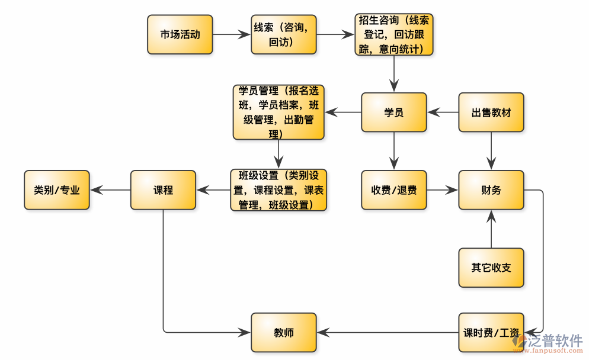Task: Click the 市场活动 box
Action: [x=180, y=34]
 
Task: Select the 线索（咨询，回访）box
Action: [x=284, y=34]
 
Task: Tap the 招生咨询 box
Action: [x=394, y=34]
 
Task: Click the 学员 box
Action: [x=394, y=112]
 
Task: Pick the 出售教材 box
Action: [x=491, y=112]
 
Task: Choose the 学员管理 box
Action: [x=279, y=112]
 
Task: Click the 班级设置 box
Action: [x=279, y=190]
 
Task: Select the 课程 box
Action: [x=163, y=190]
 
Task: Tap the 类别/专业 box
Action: [x=57, y=190]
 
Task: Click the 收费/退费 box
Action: [x=394, y=190]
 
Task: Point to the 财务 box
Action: [x=491, y=190]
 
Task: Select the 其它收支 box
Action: [x=491, y=267]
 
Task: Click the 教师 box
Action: [x=284, y=332]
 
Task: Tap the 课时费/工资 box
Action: [x=491, y=332]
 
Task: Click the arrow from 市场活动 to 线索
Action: [x=232, y=34]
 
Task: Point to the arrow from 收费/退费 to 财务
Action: [x=443, y=190]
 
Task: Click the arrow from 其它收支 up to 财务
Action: [x=491, y=229]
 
